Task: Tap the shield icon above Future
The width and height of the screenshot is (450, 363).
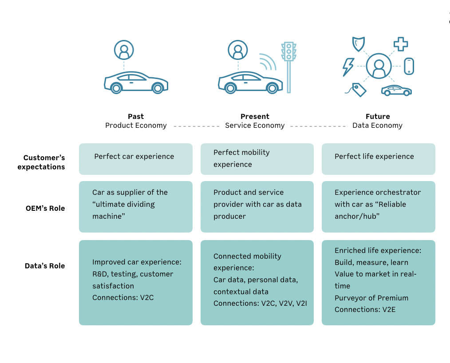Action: point(359,44)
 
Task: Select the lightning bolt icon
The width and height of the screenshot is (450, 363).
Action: point(348,67)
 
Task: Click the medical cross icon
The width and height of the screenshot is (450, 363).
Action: point(401,44)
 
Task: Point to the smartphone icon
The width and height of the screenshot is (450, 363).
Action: point(409,66)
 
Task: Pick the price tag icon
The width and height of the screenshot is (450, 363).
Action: point(356,90)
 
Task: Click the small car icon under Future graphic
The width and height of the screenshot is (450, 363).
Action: point(396,91)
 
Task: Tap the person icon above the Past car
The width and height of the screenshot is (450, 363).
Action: point(124,50)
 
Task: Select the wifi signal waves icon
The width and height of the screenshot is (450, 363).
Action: point(268,62)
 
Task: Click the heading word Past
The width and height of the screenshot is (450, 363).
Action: point(136,117)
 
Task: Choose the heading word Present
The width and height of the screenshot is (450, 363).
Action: point(255,117)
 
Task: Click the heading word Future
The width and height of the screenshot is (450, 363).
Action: point(378,117)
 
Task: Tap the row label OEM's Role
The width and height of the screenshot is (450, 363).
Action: point(45,208)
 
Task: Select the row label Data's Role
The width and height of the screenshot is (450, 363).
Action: point(45,266)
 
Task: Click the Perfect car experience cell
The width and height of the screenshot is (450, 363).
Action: point(136,159)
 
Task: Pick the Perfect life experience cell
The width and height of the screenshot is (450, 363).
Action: point(379,159)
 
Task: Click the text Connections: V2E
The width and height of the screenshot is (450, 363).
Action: point(365,310)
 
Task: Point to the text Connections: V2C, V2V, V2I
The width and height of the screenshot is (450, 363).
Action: point(260,303)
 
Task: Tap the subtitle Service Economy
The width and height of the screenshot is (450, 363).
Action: point(255,126)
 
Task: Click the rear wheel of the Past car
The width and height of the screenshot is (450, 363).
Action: point(116,88)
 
